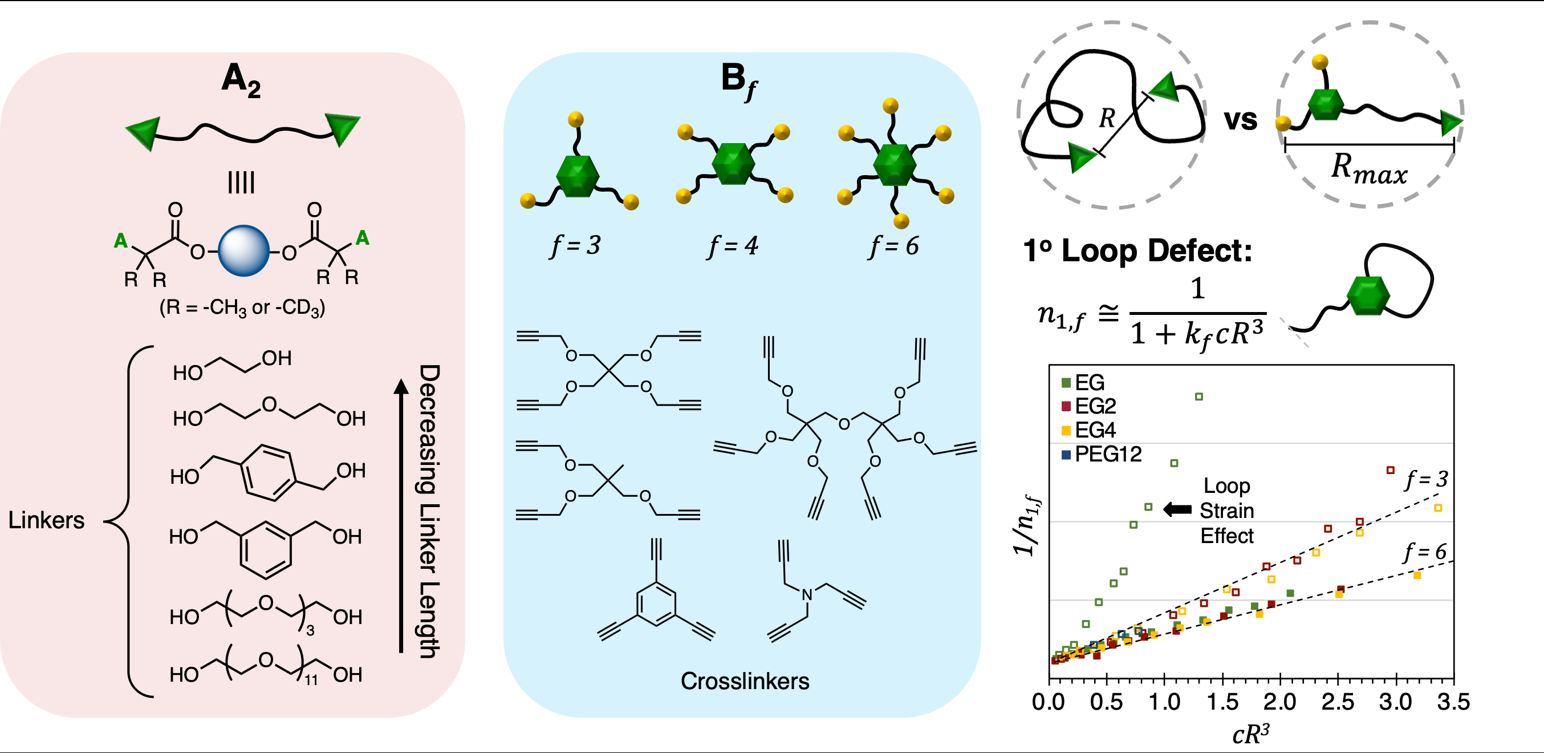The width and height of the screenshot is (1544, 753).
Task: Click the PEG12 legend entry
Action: [1101, 454]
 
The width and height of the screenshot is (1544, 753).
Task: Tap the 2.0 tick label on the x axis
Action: [1280, 702]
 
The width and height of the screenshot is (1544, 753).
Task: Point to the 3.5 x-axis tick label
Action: [1453, 702]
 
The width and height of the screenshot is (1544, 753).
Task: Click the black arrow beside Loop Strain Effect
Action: [1177, 509]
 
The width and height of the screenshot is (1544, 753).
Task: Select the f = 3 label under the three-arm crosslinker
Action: [575, 245]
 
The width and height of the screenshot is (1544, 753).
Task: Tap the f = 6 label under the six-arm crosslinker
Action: [893, 245]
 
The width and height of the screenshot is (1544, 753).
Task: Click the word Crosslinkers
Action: [745, 681]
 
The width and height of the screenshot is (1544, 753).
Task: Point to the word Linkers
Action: [46, 520]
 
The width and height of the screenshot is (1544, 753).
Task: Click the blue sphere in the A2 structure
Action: [243, 250]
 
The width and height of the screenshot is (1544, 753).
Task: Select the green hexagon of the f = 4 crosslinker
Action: [734, 163]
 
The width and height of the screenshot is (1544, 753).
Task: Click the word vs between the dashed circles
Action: [1240, 119]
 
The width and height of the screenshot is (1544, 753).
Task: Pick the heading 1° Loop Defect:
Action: [1137, 250]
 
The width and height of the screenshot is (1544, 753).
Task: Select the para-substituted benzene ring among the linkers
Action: [268, 472]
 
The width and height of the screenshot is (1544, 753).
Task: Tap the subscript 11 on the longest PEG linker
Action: [311, 680]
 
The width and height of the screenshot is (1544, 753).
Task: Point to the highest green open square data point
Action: [1198, 396]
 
